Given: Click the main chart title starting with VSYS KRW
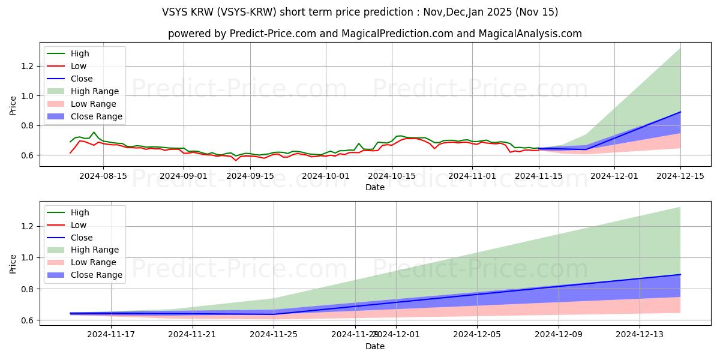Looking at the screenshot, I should pos(359,12).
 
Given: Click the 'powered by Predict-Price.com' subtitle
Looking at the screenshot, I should pos(374,34).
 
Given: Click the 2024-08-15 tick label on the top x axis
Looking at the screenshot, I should pos(103,176).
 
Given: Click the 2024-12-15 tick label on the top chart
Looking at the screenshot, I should pos(680,176).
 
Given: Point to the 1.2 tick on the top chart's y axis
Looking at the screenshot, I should pos(27,66).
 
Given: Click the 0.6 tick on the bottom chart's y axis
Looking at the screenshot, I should pos(27,320).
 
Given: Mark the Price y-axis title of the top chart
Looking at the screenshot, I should pos(13,106).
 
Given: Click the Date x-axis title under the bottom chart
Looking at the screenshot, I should pos(375,346).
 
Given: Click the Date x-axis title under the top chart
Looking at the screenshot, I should pos(375,187).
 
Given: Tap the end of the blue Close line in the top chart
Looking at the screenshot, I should pos(680,112).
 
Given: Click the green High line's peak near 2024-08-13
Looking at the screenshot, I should pos(94,132).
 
